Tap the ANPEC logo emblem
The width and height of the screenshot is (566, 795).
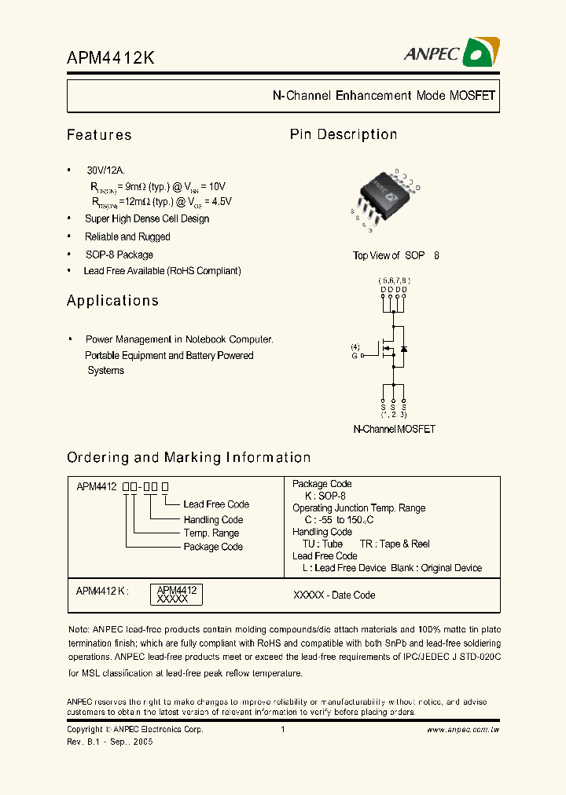(x=480, y=53)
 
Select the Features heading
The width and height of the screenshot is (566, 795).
(x=99, y=135)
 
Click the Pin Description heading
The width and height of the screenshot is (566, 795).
(x=344, y=134)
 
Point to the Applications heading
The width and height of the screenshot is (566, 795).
(x=112, y=301)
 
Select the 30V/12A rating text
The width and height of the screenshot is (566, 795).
(x=105, y=170)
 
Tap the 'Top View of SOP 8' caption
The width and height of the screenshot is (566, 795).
(x=396, y=256)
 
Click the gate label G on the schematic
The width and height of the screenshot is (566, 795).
(x=355, y=356)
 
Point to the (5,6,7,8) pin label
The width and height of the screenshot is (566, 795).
(x=393, y=280)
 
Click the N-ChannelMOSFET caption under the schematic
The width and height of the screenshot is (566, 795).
(x=394, y=430)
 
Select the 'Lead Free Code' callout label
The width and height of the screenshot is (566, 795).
(x=216, y=504)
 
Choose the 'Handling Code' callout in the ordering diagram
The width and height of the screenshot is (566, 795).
(x=213, y=520)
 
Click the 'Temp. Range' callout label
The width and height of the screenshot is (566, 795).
(x=211, y=533)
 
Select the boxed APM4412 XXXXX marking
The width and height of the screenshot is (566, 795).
(x=176, y=594)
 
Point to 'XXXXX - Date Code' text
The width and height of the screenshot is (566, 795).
(x=334, y=595)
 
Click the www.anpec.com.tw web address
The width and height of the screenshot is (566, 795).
(x=463, y=730)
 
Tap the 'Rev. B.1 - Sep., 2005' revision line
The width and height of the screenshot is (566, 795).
(x=110, y=742)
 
